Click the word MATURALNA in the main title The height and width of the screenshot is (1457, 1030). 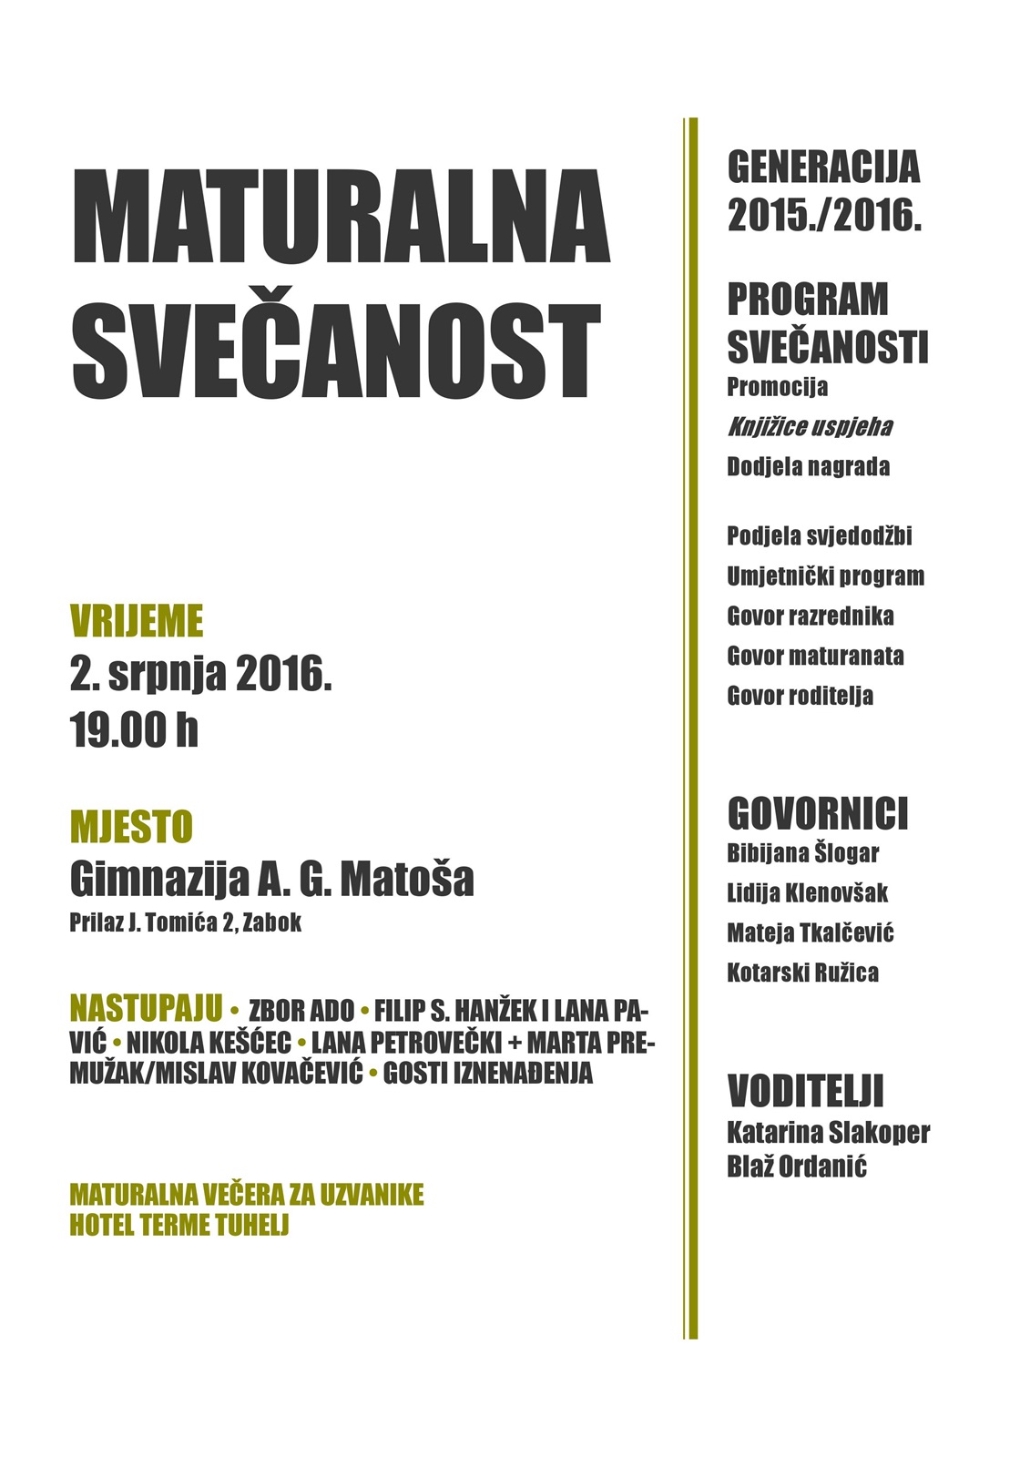(x=340, y=217)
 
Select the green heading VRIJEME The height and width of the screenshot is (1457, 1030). (x=137, y=622)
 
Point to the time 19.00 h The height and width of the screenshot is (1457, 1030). (x=134, y=730)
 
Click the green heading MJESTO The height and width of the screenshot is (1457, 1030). (x=131, y=828)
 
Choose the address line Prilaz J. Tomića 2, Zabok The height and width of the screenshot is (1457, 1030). (x=185, y=922)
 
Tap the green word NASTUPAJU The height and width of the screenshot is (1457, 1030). (x=146, y=1009)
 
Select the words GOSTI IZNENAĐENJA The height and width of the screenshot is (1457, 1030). (x=487, y=1073)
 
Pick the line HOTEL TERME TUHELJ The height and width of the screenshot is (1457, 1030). (x=178, y=1225)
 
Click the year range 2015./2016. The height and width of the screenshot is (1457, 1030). (x=824, y=216)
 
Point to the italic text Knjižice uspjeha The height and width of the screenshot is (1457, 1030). (x=809, y=426)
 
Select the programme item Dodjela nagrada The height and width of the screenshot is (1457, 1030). (x=808, y=467)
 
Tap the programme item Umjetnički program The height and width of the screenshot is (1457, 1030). (x=825, y=576)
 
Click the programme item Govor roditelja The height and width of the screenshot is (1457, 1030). (x=800, y=696)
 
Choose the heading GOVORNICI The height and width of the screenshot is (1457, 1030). (x=818, y=813)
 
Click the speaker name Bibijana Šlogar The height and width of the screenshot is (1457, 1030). (x=802, y=853)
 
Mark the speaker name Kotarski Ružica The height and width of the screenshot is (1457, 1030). (x=802, y=973)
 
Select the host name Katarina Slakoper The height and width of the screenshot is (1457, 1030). (x=828, y=1133)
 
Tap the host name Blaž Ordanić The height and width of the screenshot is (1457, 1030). (x=796, y=1167)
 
